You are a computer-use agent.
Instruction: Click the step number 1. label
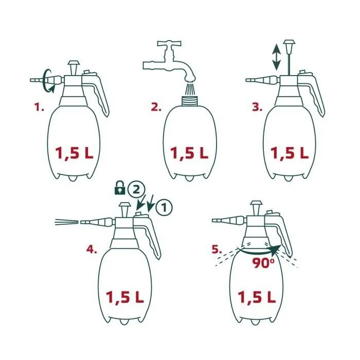(x=39, y=107)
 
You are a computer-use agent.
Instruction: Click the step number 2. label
(x=156, y=107)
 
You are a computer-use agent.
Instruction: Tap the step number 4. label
(x=92, y=250)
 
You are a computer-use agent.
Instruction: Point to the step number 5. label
(x=218, y=250)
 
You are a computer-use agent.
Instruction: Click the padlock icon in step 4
(x=119, y=190)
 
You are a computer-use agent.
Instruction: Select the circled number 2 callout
(x=135, y=189)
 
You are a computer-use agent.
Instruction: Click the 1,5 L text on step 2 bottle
(x=189, y=153)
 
